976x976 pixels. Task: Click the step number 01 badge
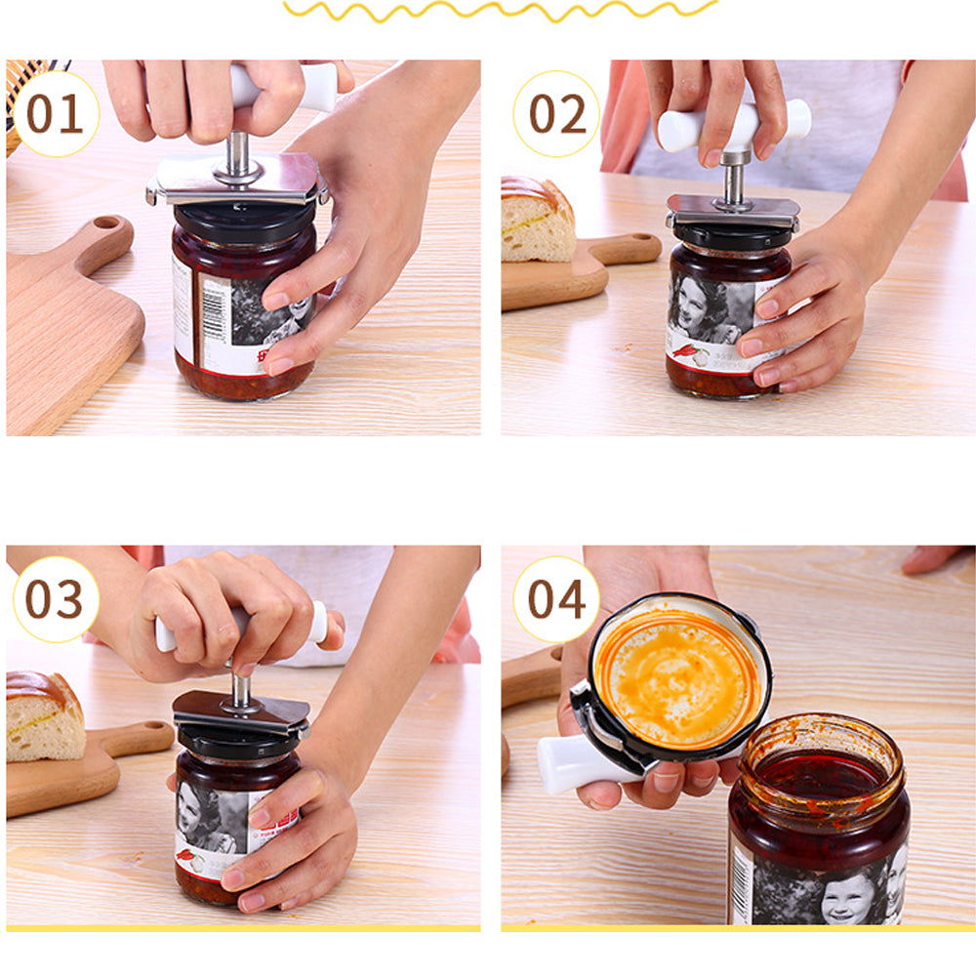pyautogui.click(x=55, y=114)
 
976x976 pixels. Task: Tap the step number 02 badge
pyautogui.click(x=557, y=114)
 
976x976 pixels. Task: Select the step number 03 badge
pyautogui.click(x=55, y=599)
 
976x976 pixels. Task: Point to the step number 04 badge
pyautogui.click(x=557, y=599)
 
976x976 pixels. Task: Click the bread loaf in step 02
pyautogui.click(x=536, y=220)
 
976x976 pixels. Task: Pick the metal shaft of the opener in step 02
pyautogui.click(x=735, y=181)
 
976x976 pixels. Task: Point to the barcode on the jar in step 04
pyautogui.click(x=742, y=883)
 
